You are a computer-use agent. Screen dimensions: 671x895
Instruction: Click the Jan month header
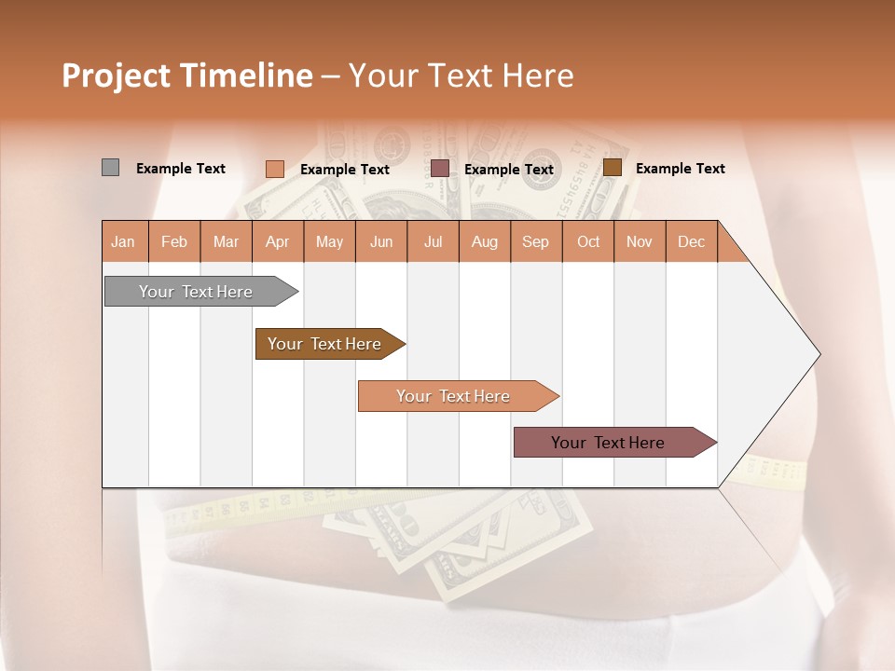(x=124, y=241)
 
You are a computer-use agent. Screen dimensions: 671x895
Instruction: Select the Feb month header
(x=174, y=241)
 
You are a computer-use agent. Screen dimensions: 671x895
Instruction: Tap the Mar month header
(x=226, y=241)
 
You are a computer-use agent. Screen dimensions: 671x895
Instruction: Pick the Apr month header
(x=278, y=241)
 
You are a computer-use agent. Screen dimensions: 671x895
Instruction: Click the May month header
(x=329, y=241)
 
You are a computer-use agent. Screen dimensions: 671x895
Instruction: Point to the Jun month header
(x=381, y=241)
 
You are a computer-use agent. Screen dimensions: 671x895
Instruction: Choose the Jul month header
(x=433, y=241)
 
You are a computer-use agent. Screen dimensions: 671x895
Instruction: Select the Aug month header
(x=485, y=241)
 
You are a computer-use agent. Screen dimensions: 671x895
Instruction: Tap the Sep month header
(x=536, y=241)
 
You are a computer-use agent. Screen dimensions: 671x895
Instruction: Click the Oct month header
(x=588, y=241)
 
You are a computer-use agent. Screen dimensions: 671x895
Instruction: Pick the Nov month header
(x=640, y=241)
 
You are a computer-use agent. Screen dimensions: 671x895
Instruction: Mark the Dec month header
(x=692, y=241)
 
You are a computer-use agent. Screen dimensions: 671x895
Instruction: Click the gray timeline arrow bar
(x=197, y=292)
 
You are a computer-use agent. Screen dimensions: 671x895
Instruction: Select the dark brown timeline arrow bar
(x=325, y=344)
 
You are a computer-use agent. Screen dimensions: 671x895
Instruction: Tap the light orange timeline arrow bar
(x=454, y=396)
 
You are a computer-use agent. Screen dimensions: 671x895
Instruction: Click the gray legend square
(x=110, y=168)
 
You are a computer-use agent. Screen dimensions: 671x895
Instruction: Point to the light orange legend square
(x=275, y=169)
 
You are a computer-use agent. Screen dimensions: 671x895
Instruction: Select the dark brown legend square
(x=613, y=168)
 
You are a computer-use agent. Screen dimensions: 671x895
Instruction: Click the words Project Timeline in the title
(x=186, y=75)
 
